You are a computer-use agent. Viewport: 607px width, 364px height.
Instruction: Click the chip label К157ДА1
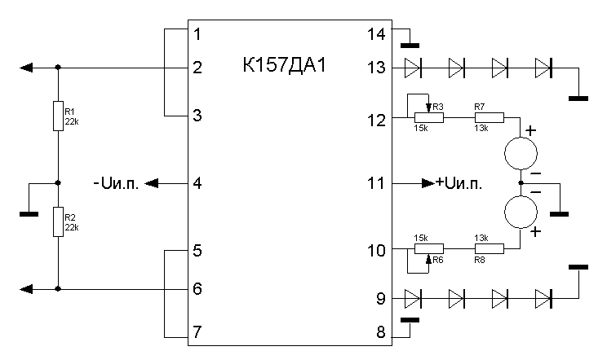285,65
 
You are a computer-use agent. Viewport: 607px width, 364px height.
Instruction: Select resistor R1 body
57,116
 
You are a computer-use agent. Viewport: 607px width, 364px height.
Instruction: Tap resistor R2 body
57,221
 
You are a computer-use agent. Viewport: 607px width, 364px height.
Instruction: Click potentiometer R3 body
428,117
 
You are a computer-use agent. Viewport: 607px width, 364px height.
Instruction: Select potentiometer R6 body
428,248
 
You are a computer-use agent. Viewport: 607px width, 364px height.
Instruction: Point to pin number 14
377,34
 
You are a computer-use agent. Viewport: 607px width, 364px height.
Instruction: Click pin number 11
376,183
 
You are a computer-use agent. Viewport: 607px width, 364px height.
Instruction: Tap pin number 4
197,183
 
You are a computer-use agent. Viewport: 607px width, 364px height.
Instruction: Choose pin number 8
378,331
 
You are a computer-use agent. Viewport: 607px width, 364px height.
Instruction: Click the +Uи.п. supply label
459,183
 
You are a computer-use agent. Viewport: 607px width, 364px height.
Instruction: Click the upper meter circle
520,153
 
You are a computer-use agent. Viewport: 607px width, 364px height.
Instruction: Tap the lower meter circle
520,213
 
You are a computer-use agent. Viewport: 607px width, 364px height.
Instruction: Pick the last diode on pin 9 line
543,298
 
